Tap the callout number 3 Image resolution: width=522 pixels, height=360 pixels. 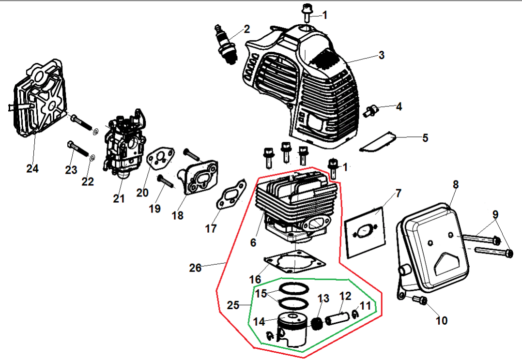382,55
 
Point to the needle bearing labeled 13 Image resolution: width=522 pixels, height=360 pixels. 316,324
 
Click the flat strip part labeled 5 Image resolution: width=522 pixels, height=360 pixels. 379,143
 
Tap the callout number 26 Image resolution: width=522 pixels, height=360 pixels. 195,268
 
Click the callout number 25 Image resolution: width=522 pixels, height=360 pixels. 233,305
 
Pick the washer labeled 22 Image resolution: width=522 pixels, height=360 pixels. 92,158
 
